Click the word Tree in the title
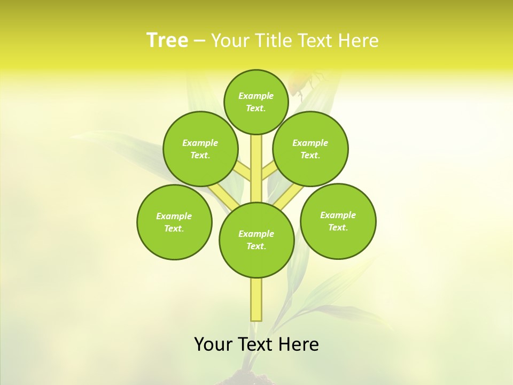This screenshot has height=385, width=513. tap(167, 40)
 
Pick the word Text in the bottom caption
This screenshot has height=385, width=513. tap(256, 344)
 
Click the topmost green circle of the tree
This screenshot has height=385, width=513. tap(256, 102)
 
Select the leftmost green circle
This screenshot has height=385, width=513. tap(174, 222)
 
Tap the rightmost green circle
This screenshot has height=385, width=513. tap(338, 221)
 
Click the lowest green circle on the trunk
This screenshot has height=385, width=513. tap(256, 240)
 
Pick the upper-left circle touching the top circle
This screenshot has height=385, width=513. tap(200, 149)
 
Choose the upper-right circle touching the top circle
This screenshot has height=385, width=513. tap(310, 149)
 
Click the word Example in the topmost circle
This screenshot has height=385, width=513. tap(256, 96)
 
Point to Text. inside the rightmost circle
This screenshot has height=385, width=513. tap(338, 227)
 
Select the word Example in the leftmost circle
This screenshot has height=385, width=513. tap(174, 216)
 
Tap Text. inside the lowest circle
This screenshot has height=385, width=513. tap(256, 247)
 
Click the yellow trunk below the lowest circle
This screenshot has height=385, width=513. tap(256, 299)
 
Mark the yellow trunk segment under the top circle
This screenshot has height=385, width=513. tap(256, 166)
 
